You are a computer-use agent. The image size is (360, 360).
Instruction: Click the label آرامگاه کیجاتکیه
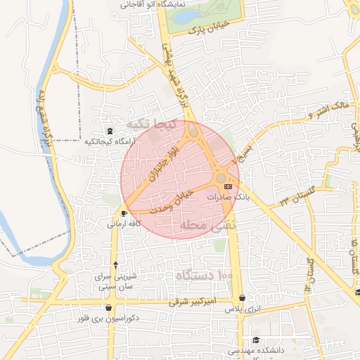pos(108,141)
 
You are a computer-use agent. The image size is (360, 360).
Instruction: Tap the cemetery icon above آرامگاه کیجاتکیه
pos(109,131)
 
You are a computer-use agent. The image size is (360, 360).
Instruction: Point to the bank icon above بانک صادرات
pos(227,187)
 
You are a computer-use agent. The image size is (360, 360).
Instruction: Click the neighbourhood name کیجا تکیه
pos(148,124)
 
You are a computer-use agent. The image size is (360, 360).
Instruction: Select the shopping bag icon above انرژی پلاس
pos(243,298)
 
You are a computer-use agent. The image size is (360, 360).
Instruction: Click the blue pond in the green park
pos(188,16)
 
